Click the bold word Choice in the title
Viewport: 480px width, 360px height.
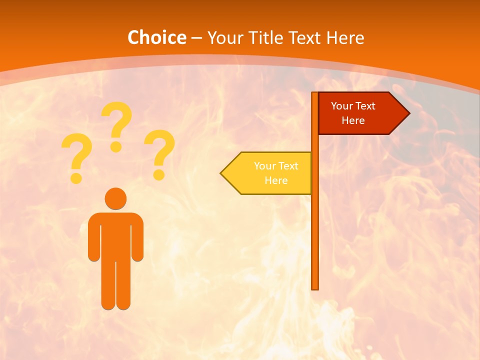156,37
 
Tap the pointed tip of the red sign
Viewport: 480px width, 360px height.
407,113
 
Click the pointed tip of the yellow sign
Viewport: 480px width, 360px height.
222,173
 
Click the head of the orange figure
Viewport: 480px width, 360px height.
115,198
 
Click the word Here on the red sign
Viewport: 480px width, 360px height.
353,120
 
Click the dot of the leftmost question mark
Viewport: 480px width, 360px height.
76,177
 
